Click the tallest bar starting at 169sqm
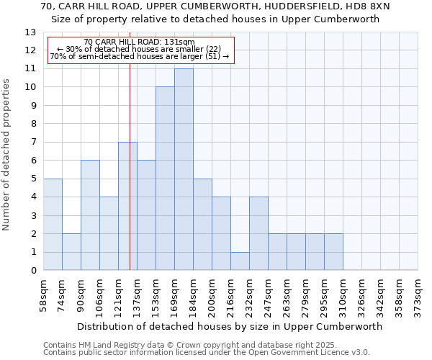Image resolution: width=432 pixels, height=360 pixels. (x=184, y=169)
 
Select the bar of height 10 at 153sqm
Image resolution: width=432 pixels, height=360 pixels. (x=165, y=179)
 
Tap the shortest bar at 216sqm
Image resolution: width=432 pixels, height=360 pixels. (x=240, y=261)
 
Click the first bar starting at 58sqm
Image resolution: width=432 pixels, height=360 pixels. (x=53, y=225)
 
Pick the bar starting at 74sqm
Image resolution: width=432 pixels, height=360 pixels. (x=71, y=252)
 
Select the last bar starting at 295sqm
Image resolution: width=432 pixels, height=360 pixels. (x=333, y=252)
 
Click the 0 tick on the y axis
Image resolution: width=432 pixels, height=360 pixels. (x=33, y=271)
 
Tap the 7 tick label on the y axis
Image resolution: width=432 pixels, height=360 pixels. (x=33, y=142)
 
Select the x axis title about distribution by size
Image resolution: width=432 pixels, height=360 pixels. (x=230, y=326)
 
